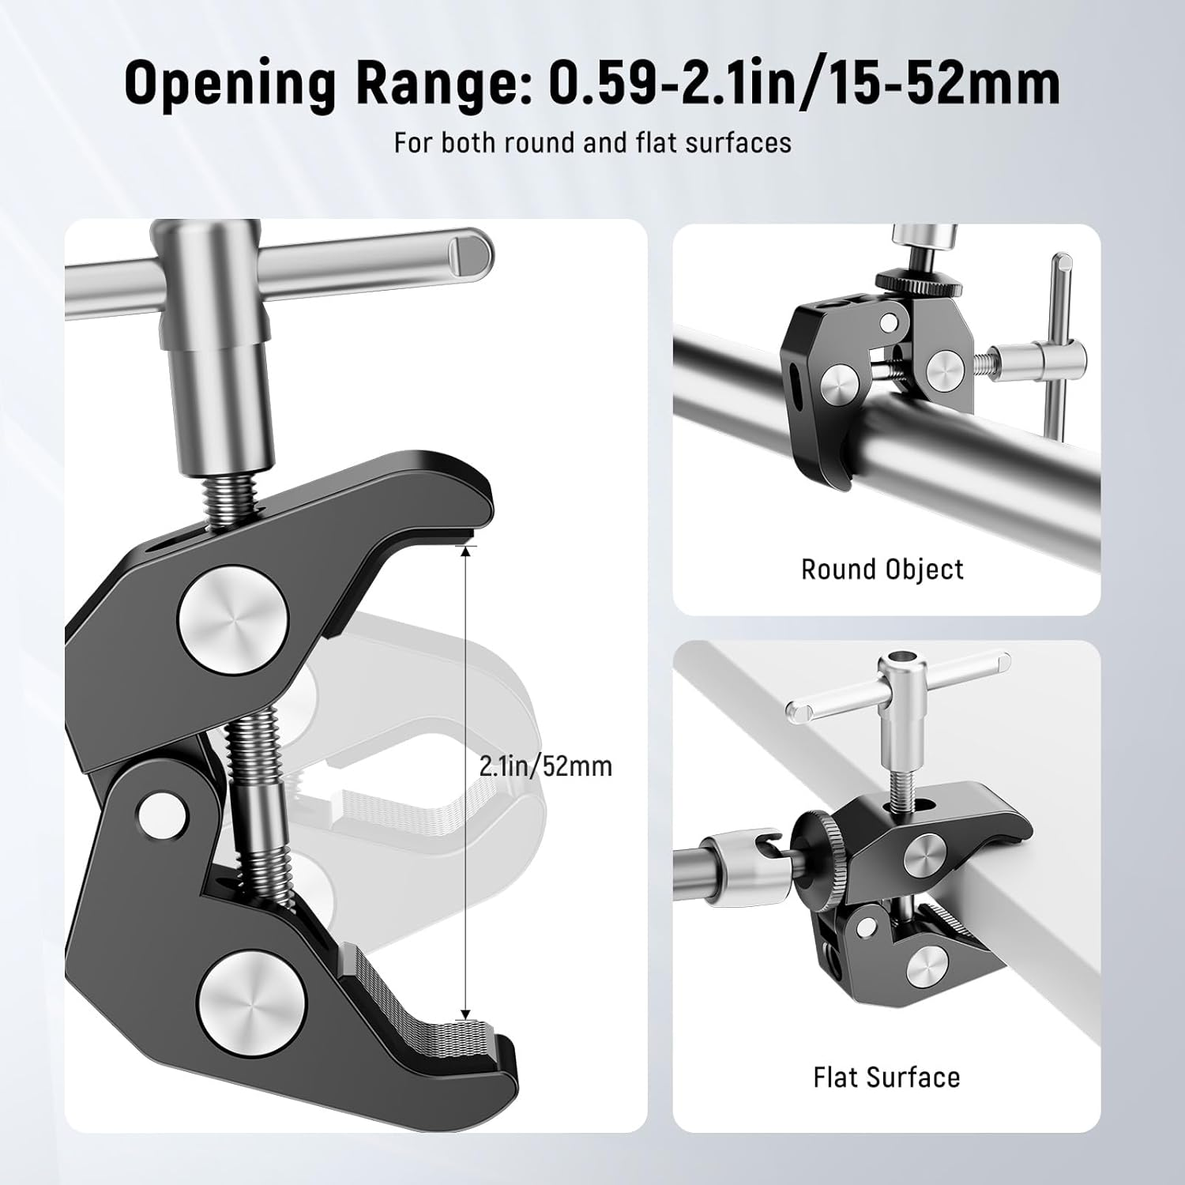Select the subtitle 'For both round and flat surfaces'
pyautogui.click(x=592, y=143)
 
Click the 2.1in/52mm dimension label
pyautogui.click(x=545, y=766)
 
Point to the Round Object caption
pyautogui.click(x=882, y=570)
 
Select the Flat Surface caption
pyautogui.click(x=886, y=1078)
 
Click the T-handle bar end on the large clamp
pyautogui.click(x=469, y=253)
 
